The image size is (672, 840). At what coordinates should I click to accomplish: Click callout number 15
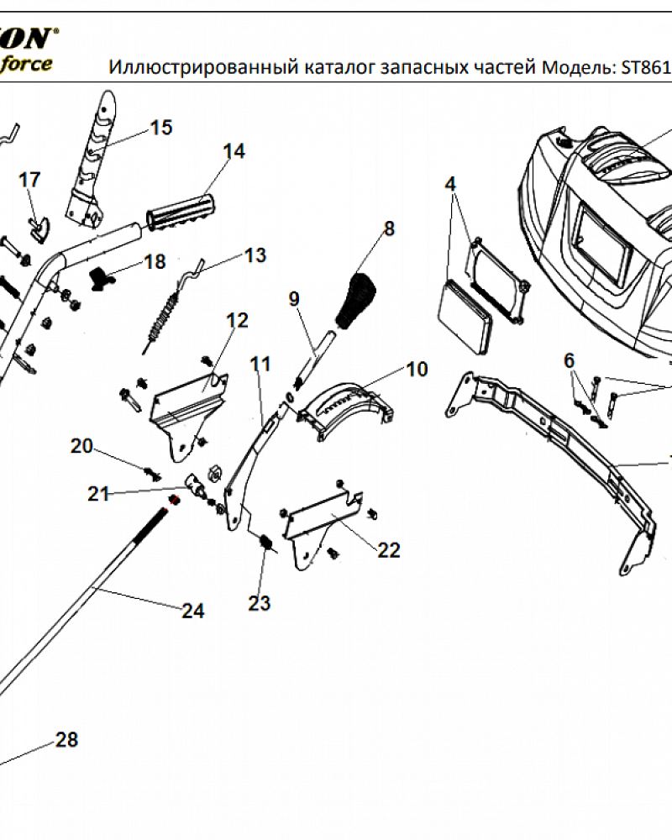(x=160, y=128)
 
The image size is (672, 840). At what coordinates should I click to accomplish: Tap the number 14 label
(x=234, y=151)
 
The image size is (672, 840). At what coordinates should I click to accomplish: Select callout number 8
(x=389, y=228)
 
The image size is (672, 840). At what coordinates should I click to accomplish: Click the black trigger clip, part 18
(x=102, y=276)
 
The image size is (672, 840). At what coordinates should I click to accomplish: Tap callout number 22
(x=389, y=550)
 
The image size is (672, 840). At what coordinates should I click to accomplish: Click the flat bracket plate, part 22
(x=323, y=517)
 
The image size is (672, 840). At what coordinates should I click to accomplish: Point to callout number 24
(x=193, y=611)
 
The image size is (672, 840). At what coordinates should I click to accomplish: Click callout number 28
(x=66, y=740)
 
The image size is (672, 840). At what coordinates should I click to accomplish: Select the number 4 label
(x=450, y=183)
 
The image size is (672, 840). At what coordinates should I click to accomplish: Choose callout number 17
(x=29, y=180)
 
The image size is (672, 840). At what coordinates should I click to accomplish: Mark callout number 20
(x=81, y=446)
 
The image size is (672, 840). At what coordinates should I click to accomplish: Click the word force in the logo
(x=26, y=63)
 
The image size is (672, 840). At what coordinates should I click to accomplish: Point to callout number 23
(x=260, y=603)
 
